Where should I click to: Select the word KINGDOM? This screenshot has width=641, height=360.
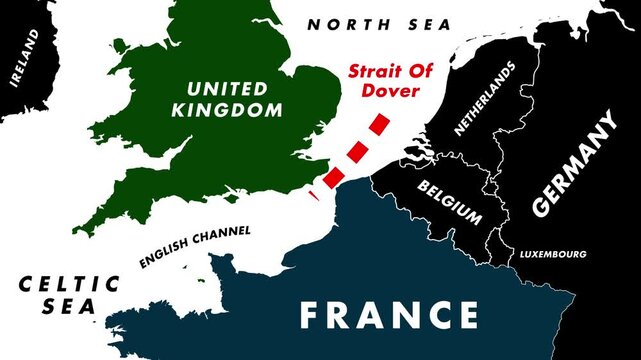(x=227, y=110)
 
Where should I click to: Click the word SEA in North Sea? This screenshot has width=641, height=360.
(x=429, y=24)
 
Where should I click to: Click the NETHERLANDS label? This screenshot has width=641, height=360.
(x=485, y=98)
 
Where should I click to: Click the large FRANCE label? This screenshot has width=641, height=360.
(x=389, y=315)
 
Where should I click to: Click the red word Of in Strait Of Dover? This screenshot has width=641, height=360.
(x=424, y=72)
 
